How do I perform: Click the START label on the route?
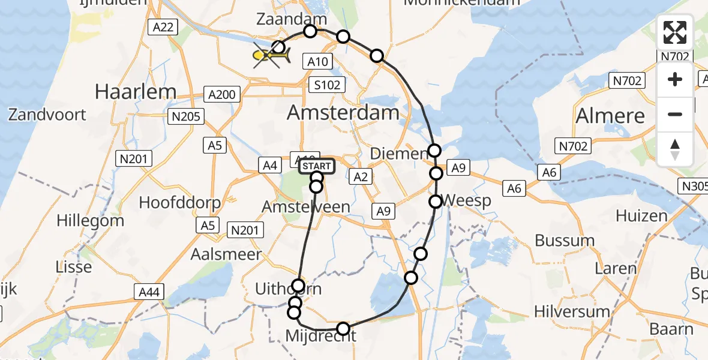click(316, 166)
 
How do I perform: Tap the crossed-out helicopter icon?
click(272, 56)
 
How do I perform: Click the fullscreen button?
click(675, 32)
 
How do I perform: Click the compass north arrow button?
click(675, 149)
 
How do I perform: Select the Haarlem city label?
click(136, 92)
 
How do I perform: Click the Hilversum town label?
click(573, 311)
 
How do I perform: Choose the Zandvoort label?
click(47, 115)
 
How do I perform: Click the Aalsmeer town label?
click(226, 254)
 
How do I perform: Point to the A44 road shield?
click(148, 292)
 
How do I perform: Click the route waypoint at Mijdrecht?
click(343, 328)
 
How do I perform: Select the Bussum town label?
click(565, 241)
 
